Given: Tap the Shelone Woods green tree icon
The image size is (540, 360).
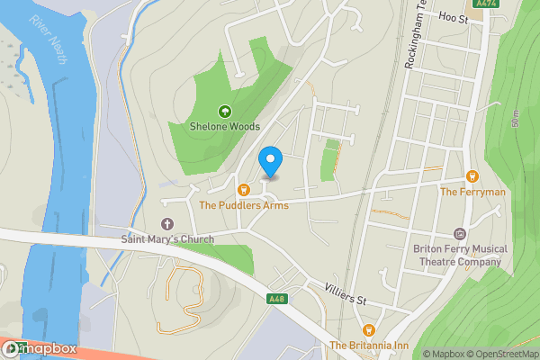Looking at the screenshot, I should (224, 112).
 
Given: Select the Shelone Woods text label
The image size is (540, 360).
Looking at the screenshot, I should (224, 128).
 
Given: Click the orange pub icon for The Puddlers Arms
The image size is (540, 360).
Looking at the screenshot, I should (243, 190).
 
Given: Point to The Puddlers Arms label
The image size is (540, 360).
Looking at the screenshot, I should (243, 205).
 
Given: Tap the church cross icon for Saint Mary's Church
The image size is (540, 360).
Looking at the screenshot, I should (166, 224).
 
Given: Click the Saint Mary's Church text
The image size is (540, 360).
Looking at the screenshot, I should (167, 239).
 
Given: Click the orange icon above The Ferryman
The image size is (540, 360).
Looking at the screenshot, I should (472, 176).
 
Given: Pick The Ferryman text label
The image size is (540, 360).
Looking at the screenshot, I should (472, 192).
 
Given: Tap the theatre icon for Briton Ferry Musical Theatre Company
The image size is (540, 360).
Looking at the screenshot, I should (460, 233).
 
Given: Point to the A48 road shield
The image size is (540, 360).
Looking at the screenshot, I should (276, 299).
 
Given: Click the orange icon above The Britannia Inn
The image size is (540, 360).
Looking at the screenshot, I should (367, 329).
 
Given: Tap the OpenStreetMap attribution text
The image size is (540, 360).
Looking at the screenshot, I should (500, 354).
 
